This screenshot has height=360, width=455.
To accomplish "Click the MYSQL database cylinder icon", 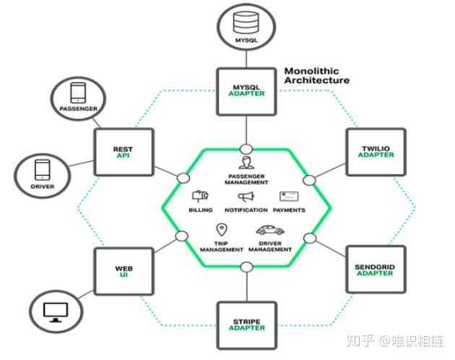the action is coord(246,22).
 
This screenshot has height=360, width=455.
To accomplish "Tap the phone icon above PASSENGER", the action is coord(78,93).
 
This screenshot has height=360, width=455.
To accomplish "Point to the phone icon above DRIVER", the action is coord(43,170).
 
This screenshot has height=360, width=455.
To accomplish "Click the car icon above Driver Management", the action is coord(270,230).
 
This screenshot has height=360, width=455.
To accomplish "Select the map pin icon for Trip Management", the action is coord(222,230).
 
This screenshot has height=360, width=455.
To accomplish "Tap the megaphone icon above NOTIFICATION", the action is coord(246,197).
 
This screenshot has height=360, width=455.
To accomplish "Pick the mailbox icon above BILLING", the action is coord(200,196).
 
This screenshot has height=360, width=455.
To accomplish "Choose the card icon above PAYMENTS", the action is coord(289,196).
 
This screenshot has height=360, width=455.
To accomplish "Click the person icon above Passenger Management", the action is coord(246,163).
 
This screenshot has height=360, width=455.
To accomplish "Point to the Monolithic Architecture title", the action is coord(316,76).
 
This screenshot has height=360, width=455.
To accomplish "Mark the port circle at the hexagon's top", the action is coord(246,150).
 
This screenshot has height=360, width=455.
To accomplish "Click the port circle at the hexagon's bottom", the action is coord(247,267).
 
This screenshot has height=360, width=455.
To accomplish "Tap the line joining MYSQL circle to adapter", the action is coord(246,59).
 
